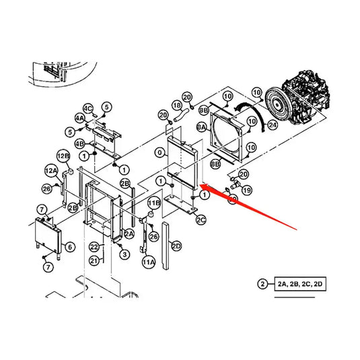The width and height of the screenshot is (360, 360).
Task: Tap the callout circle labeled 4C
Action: [87, 108]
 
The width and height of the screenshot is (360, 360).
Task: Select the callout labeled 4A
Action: [80, 118]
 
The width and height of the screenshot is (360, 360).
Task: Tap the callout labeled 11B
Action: [153, 202]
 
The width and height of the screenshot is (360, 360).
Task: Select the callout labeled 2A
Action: [129, 232]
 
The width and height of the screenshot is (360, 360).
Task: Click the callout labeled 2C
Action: [201, 219]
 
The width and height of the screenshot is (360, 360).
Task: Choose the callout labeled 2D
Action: [176, 246]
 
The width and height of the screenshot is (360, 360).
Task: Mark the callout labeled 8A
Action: [201, 127]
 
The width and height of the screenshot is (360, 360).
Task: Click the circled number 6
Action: [70, 248]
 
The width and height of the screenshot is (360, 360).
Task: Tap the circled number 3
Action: [124, 254]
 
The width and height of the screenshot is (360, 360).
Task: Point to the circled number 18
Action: [177, 106]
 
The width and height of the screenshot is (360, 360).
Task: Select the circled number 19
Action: [246, 190]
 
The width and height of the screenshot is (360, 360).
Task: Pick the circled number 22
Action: [95, 248]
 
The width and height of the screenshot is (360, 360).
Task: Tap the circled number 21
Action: [95, 260]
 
